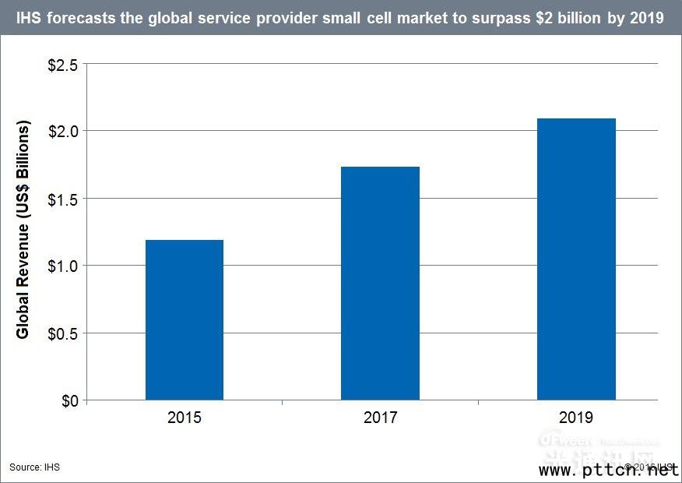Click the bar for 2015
[185, 320]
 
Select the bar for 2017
[380, 284]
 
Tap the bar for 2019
[576, 259]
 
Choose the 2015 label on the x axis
[185, 418]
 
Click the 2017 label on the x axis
[380, 418]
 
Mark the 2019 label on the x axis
[576, 418]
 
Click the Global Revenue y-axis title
[23, 230]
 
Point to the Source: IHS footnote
[35, 467]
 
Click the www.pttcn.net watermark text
[608, 471]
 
